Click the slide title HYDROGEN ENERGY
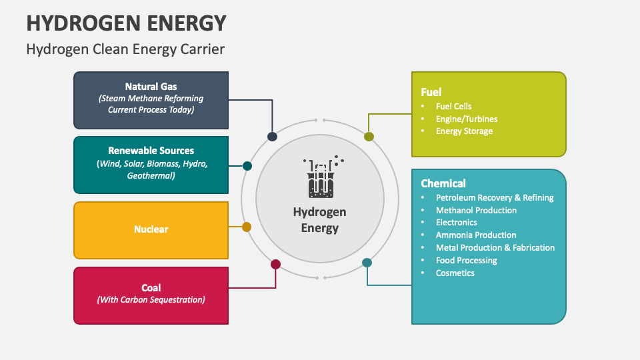pyautogui.click(x=126, y=23)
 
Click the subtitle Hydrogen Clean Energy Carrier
pyautogui.click(x=125, y=49)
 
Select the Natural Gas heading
pyautogui.click(x=151, y=87)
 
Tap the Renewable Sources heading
pyautogui.click(x=151, y=151)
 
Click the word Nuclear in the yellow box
pyautogui.click(x=151, y=229)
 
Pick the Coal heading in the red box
pyautogui.click(x=151, y=288)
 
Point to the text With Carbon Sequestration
pyautogui.click(x=151, y=300)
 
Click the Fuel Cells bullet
pyautogui.click(x=453, y=106)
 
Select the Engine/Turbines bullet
pyautogui.click(x=467, y=119)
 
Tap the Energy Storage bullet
pyautogui.click(x=464, y=131)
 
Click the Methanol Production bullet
pyautogui.click(x=476, y=210)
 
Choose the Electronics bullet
pyautogui.click(x=457, y=223)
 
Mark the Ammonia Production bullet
pyautogui.click(x=476, y=235)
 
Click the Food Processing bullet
pyautogui.click(x=467, y=261)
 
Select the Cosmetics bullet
pyautogui.click(x=455, y=273)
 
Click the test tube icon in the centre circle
pyautogui.click(x=320, y=179)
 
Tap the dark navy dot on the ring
pyautogui.click(x=272, y=137)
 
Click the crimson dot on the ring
pyautogui.click(x=275, y=265)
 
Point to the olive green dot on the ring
pyautogui.click(x=369, y=137)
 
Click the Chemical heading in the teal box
pyautogui.click(x=443, y=183)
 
